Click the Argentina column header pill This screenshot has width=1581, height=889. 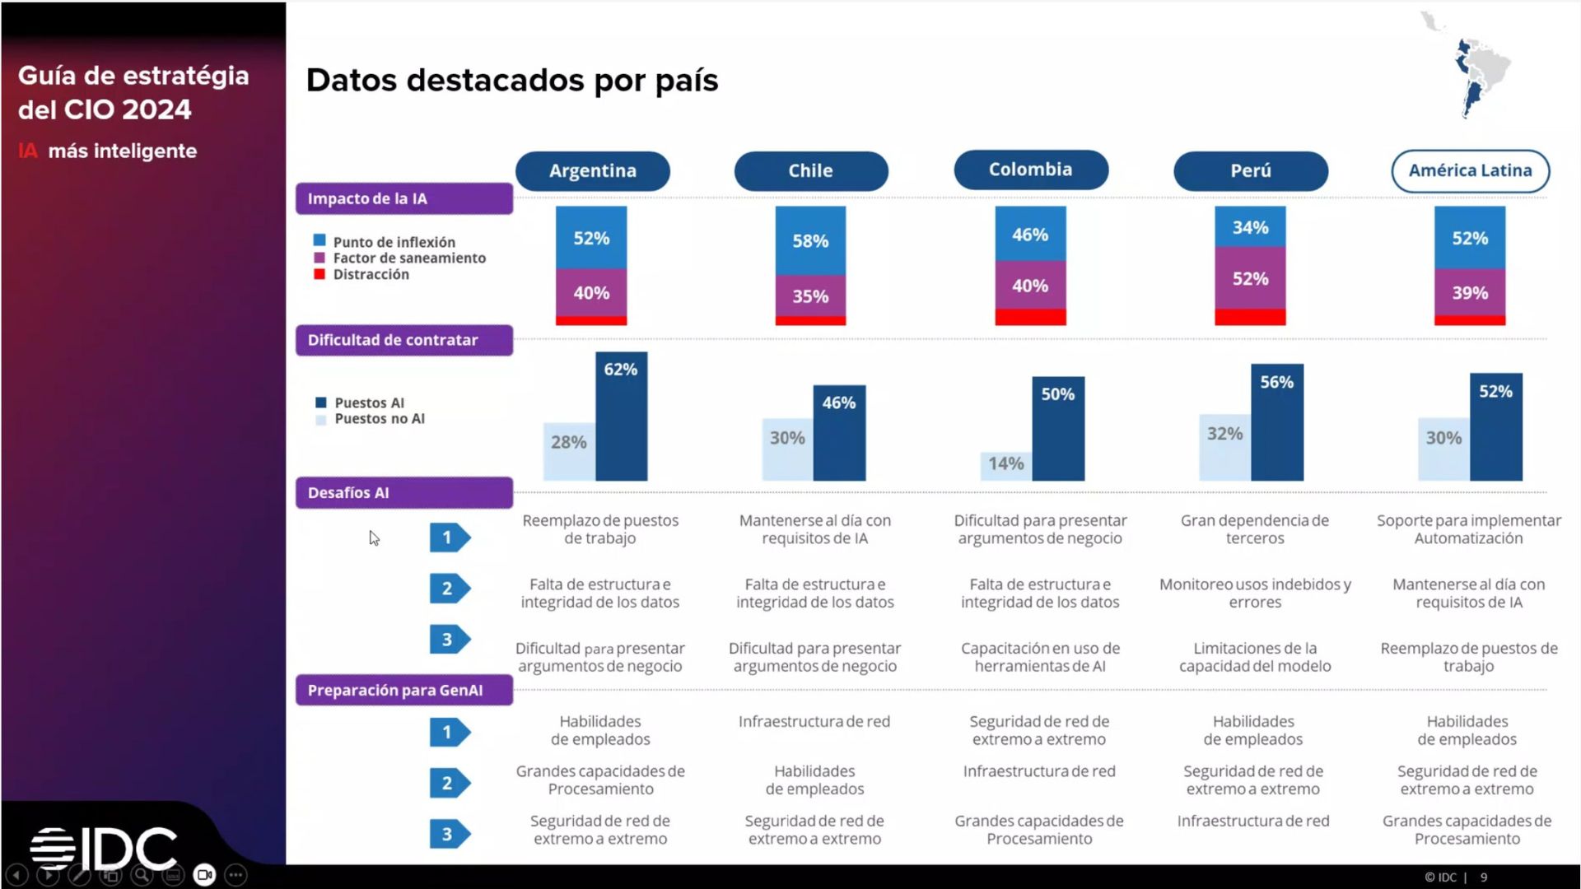click(x=592, y=170)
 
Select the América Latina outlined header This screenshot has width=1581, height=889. click(x=1470, y=170)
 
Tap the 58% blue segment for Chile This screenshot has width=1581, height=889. click(x=810, y=240)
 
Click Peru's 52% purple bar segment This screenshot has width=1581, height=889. click(x=1249, y=278)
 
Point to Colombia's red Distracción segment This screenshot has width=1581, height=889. click(x=1030, y=317)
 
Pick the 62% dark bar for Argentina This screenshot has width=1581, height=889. click(x=621, y=416)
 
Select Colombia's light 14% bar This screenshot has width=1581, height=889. click(x=1005, y=466)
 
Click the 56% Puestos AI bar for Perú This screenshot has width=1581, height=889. click(x=1276, y=421)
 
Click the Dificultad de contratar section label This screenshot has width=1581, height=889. click(x=403, y=340)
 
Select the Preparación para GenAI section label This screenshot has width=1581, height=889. click(x=403, y=690)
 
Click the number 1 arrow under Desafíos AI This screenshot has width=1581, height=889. click(x=449, y=538)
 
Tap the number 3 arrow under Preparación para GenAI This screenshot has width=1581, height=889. click(x=449, y=834)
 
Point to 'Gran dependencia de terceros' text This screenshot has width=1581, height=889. click(x=1254, y=529)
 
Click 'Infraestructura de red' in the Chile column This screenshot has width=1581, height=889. click(x=814, y=722)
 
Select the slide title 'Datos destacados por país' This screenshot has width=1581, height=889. click(x=511, y=81)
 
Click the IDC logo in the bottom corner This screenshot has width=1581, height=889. click(x=104, y=848)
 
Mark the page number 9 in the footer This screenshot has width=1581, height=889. click(x=1484, y=877)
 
